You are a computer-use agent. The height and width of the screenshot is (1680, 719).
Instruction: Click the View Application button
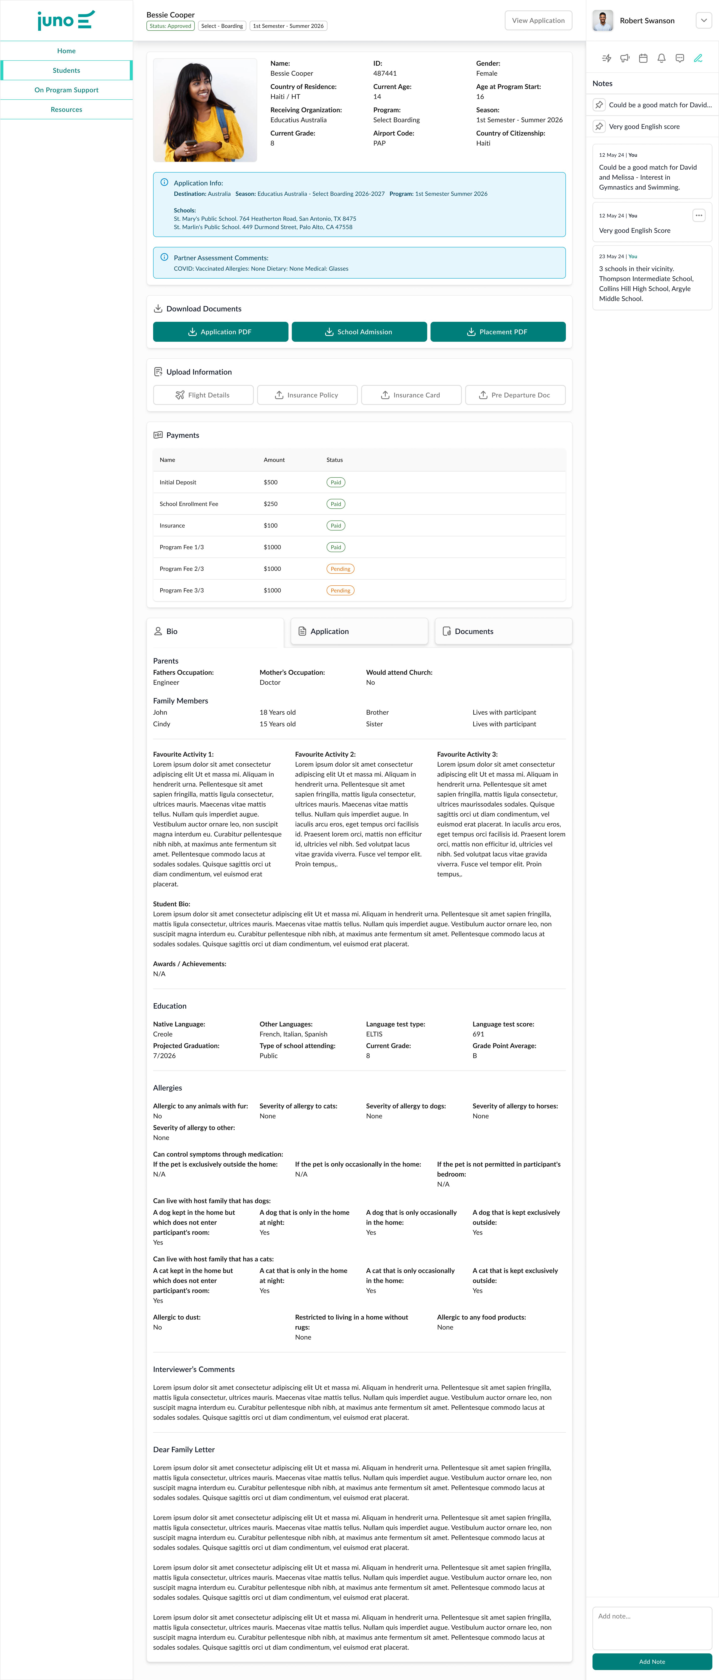tap(538, 20)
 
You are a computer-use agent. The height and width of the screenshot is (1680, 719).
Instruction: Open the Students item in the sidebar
tap(67, 70)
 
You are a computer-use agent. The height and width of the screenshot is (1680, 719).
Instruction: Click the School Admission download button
tap(359, 332)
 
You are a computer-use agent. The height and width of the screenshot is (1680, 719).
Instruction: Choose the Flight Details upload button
tap(203, 395)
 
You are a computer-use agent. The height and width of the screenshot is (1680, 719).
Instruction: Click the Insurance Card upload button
tap(411, 395)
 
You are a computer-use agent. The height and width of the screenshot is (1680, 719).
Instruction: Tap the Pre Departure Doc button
tap(515, 395)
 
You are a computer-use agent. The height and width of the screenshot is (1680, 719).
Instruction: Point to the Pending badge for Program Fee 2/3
tap(340, 569)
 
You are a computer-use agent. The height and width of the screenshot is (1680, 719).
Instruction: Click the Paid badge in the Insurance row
tap(335, 526)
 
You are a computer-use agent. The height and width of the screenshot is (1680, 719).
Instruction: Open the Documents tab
tap(503, 631)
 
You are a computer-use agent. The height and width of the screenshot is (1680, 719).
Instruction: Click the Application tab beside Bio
tap(359, 631)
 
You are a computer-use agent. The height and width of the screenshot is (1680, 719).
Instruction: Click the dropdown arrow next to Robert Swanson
tap(703, 20)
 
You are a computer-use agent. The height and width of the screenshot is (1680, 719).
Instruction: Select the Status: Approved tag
tap(170, 26)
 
